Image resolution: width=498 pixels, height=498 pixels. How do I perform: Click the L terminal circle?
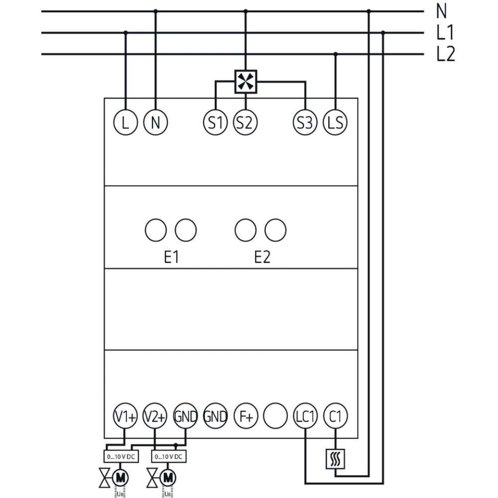pos(125,122)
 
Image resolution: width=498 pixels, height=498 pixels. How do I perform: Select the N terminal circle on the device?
pos(156,122)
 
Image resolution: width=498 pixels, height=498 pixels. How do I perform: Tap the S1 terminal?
pos(215,122)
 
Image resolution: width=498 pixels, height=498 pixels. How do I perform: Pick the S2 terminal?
pos(245,122)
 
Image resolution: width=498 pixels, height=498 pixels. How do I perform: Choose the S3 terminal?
pos(305,122)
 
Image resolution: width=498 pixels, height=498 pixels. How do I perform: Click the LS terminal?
pos(336,122)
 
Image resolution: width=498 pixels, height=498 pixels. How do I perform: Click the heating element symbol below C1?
pos(336,459)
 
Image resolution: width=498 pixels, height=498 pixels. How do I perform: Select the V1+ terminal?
pos(124,416)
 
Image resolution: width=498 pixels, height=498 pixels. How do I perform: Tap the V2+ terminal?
pos(155,416)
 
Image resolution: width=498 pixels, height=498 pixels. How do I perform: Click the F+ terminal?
pos(246,416)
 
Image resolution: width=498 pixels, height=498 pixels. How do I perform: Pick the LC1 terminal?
pos(305,416)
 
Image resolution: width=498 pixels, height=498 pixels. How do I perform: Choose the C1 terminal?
pos(336,416)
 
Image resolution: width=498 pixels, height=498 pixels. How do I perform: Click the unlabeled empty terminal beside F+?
pos(275,416)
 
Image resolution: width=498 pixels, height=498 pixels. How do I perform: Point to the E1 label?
pos(171,257)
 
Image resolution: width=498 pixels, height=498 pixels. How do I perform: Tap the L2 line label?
pos(445,54)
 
